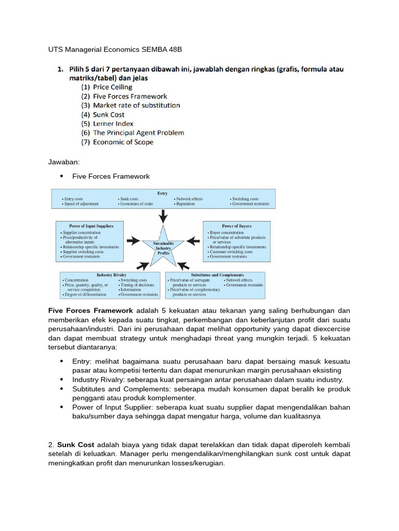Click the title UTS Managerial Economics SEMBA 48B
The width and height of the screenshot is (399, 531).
pyautogui.click(x=115, y=50)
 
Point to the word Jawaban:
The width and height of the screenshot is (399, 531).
pyautogui.click(x=64, y=162)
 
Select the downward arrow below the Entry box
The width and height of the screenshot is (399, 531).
pyautogui.click(x=163, y=215)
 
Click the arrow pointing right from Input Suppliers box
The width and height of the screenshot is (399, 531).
pyautogui.click(x=133, y=240)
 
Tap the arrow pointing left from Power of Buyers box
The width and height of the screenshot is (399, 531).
pyautogui.click(x=193, y=240)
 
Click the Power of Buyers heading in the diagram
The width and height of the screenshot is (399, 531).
pyautogui.click(x=236, y=226)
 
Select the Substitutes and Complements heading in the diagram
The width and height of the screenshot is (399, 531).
pyautogui.click(x=215, y=275)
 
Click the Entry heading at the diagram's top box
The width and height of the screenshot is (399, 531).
pyautogui.click(x=163, y=193)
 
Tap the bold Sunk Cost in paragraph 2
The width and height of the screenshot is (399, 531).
pyautogui.click(x=74, y=445)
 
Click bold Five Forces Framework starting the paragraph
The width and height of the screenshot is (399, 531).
pyautogui.click(x=90, y=310)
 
